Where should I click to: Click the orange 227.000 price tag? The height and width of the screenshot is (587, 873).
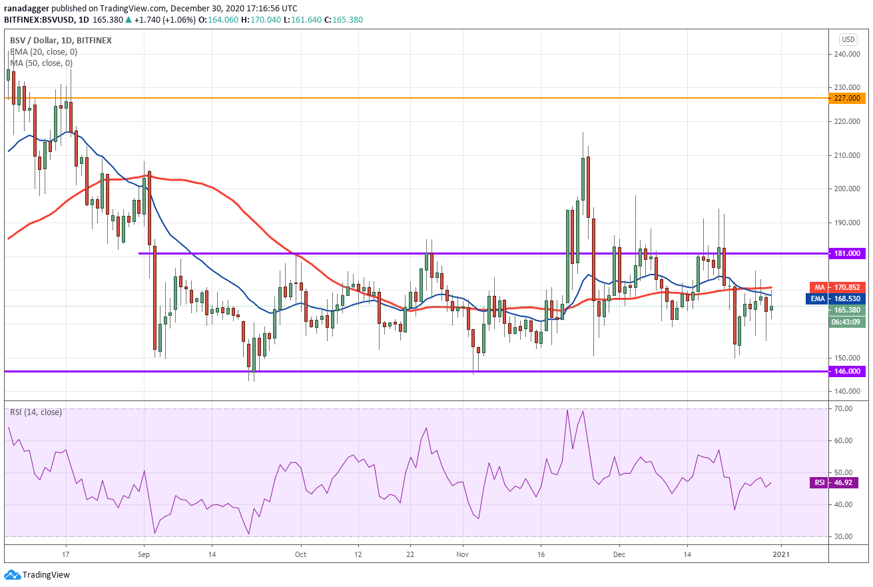(846, 98)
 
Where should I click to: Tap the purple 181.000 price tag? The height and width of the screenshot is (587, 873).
(846, 253)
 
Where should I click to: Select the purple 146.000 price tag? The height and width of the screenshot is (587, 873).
(846, 371)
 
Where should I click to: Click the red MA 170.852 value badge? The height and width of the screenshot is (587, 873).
(838, 287)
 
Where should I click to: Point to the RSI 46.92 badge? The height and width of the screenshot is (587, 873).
(838, 483)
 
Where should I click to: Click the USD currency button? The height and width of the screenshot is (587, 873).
(848, 39)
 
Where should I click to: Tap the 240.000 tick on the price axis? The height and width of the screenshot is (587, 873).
(847, 54)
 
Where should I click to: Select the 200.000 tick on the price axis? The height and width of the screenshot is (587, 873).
(847, 189)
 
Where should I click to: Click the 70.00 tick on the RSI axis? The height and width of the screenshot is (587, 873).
(844, 408)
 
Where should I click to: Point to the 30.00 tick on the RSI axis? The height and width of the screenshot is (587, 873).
(844, 536)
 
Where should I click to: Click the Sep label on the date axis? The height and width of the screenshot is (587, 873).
(144, 554)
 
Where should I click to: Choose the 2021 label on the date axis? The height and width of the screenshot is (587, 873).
(781, 554)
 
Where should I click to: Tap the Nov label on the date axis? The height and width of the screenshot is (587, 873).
(463, 554)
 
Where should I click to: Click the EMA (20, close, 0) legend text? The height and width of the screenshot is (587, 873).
(44, 52)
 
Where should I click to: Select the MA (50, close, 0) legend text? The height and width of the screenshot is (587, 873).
(41, 63)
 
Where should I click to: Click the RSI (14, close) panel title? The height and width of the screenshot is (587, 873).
(36, 412)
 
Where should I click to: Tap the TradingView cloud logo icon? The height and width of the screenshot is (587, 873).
(12, 574)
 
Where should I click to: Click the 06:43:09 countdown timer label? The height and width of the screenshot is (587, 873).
(846, 322)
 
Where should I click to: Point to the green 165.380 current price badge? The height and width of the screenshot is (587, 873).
(846, 310)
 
